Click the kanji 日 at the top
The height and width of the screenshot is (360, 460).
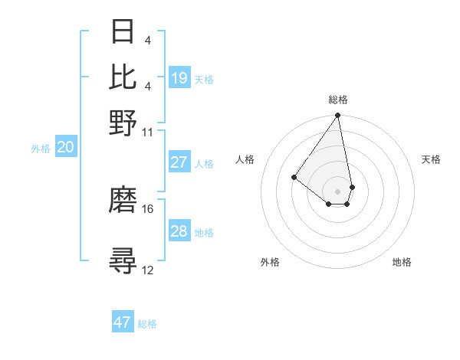[123, 32]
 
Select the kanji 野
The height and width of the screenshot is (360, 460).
[123, 123]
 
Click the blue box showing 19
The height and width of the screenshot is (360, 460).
[179, 78]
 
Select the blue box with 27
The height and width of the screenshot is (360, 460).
[179, 162]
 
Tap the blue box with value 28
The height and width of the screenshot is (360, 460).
[179, 231]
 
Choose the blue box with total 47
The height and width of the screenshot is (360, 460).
[123, 322]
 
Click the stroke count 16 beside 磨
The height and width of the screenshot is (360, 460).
[148, 208]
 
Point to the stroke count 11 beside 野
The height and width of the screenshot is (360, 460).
[148, 132]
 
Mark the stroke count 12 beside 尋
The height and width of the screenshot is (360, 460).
[148, 270]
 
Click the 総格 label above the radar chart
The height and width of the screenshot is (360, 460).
[337, 100]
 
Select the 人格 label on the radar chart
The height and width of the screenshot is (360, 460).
[245, 159]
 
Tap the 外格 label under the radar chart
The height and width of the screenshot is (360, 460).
[270, 263]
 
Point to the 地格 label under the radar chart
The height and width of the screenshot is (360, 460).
[402, 263]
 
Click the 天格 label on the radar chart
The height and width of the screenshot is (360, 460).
[431, 159]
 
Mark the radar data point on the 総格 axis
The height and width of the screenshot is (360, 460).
[337, 116]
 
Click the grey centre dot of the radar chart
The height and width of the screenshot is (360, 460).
[337, 191]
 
